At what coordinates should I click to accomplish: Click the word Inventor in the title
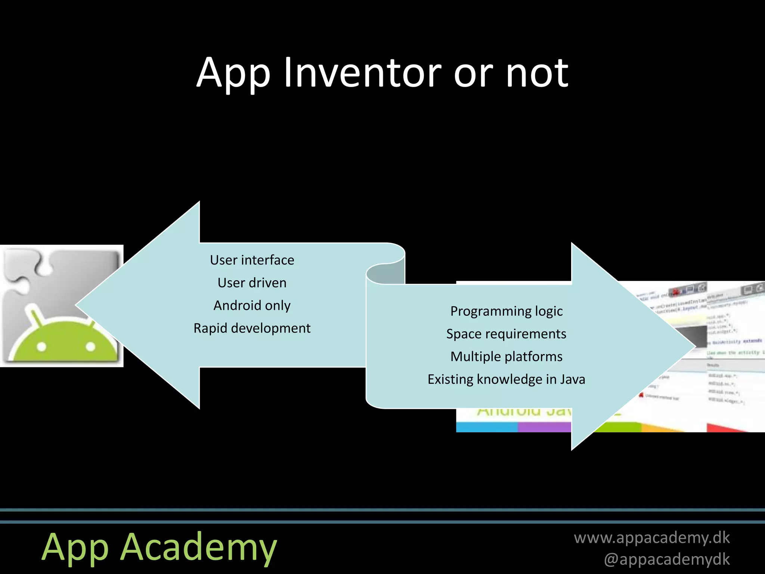(x=362, y=73)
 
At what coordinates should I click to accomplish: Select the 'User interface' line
(x=252, y=260)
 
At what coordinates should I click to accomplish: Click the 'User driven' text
(x=252, y=283)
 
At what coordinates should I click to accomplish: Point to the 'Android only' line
(x=252, y=306)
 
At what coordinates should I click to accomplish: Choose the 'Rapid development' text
(x=252, y=328)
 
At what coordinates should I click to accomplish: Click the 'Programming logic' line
(x=506, y=311)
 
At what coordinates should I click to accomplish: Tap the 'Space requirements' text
(x=506, y=334)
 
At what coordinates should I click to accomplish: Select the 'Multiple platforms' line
(x=506, y=357)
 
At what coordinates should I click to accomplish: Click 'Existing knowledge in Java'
(x=506, y=380)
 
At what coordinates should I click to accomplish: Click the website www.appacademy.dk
(x=651, y=538)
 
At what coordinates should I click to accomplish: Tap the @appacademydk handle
(x=667, y=559)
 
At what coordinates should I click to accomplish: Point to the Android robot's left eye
(x=41, y=347)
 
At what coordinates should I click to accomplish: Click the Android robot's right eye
(x=91, y=347)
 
